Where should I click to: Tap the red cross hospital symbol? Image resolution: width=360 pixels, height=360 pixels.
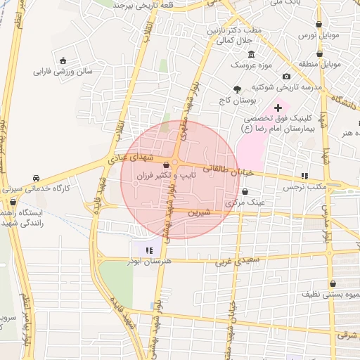click(x=278, y=108)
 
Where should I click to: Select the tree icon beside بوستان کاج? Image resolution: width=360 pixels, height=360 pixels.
click(x=237, y=89)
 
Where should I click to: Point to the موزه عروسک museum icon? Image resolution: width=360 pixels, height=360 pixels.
click(x=251, y=55)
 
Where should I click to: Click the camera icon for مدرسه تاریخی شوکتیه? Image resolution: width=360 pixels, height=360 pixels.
click(x=286, y=76)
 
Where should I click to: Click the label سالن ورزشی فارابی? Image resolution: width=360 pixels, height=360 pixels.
click(x=65, y=72)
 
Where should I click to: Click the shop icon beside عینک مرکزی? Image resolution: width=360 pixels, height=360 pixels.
click(x=245, y=191)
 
